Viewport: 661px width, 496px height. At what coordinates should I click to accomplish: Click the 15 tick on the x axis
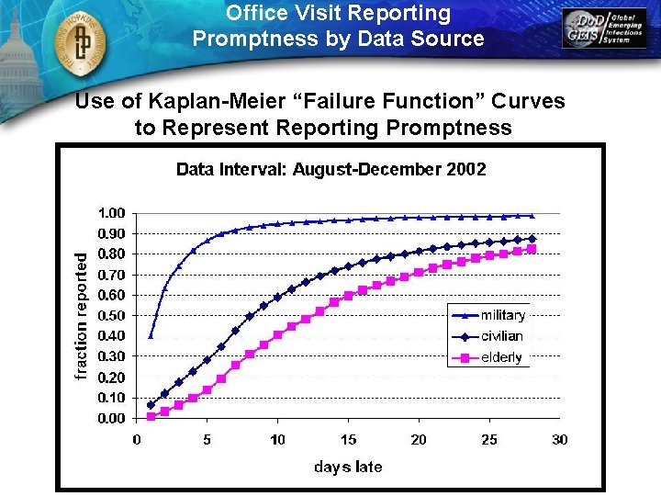(x=349, y=440)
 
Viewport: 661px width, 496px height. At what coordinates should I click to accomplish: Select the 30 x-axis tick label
(x=560, y=440)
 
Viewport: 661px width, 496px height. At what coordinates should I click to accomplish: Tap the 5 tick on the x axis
(x=207, y=440)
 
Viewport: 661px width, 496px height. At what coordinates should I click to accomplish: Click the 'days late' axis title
(x=348, y=467)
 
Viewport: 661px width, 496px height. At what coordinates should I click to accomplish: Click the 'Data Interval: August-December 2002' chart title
(x=330, y=170)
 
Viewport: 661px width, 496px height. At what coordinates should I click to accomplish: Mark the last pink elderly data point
(x=532, y=249)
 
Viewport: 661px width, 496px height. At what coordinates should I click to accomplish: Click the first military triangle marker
(x=151, y=335)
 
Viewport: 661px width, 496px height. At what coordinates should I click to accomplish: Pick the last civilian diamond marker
(x=532, y=239)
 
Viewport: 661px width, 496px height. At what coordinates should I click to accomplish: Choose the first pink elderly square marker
(x=151, y=416)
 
